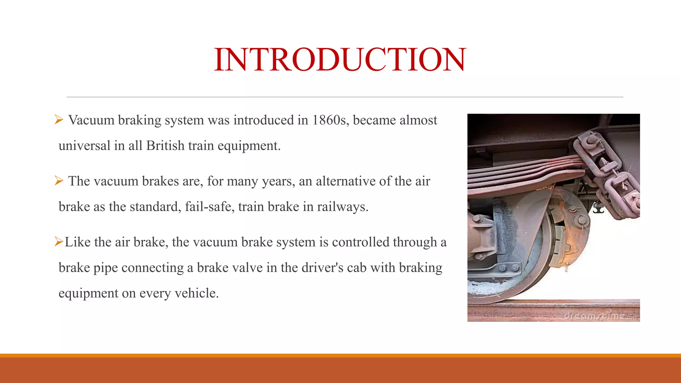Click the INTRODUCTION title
tap(340, 60)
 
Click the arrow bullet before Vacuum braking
tap(59, 120)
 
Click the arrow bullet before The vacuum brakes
tap(59, 181)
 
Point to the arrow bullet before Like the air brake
tap(59, 242)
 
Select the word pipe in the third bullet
tap(105, 268)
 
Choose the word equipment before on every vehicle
tap(88, 294)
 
